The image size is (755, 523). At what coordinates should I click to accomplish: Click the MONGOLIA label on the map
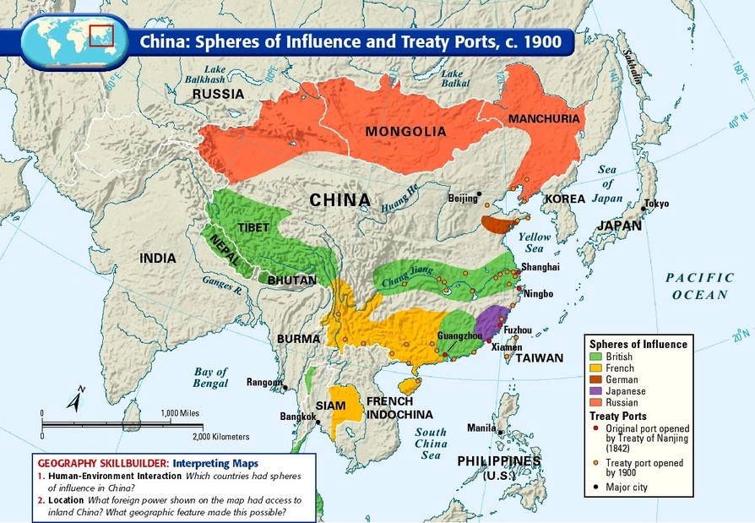click(405, 132)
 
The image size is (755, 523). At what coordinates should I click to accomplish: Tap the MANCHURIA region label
click(544, 119)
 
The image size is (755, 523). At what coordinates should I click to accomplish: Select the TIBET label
click(253, 228)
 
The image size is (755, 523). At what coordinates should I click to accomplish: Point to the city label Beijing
click(462, 199)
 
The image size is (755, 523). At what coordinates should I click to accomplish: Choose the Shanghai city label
click(540, 267)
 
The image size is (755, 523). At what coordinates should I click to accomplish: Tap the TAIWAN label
click(539, 358)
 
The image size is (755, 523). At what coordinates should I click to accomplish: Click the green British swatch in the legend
click(596, 357)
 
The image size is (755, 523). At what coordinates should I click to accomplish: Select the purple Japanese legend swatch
click(596, 391)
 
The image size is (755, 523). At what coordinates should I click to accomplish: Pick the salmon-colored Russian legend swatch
click(596, 403)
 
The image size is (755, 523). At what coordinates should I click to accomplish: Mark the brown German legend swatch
click(596, 380)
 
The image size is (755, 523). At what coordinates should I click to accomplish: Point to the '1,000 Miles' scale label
click(179, 412)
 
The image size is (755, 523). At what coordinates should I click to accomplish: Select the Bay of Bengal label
click(211, 378)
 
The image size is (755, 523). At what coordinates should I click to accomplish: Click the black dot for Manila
click(501, 433)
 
